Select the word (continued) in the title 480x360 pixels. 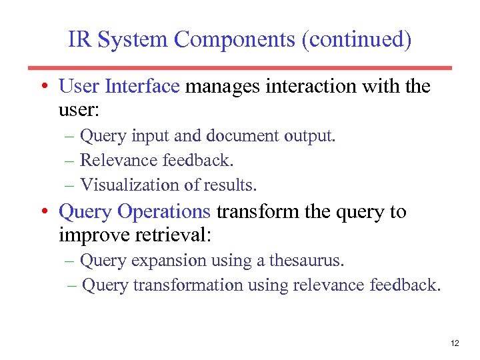click(357, 40)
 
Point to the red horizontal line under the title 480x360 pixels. click(240, 67)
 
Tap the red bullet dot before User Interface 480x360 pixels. click(43, 87)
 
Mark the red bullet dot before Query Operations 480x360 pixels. click(43, 213)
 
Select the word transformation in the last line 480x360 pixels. click(188, 285)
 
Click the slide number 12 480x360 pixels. click(455, 343)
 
